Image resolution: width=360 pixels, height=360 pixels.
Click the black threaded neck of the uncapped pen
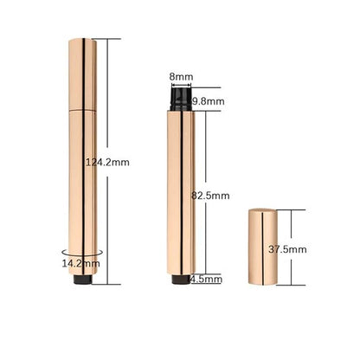tap(181, 98)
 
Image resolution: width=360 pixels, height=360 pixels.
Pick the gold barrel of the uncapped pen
tap(181, 190)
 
